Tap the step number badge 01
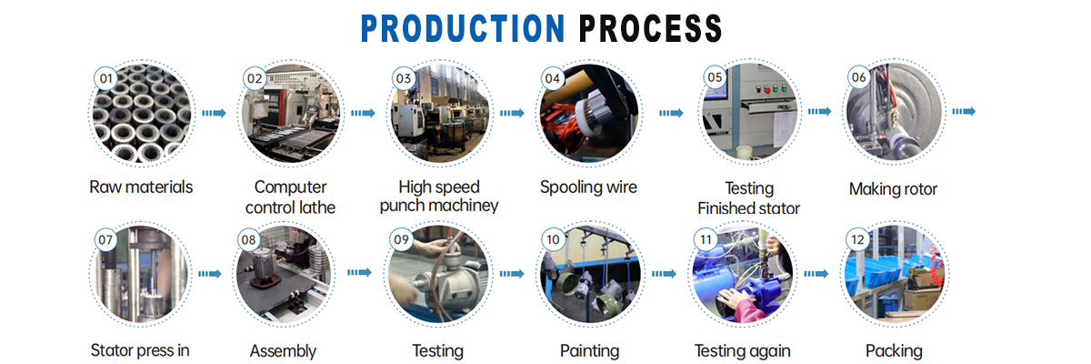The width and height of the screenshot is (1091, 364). [106, 78]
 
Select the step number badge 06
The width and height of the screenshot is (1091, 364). [858, 78]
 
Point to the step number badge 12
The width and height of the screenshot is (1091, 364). [856, 239]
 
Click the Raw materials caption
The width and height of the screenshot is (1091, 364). [141, 188]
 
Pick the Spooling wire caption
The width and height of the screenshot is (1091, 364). [588, 187]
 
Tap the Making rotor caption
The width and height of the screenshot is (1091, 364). [893, 189]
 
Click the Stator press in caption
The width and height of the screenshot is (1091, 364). [140, 350]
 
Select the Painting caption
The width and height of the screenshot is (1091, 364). [589, 350]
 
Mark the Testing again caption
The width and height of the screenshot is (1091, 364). [742, 350]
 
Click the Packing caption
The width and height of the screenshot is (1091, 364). [894, 350]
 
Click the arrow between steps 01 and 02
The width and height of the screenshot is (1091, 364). [214, 113]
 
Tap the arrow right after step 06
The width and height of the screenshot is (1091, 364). [964, 111]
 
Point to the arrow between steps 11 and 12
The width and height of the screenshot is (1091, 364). [816, 273]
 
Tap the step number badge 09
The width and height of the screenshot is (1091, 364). [401, 239]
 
